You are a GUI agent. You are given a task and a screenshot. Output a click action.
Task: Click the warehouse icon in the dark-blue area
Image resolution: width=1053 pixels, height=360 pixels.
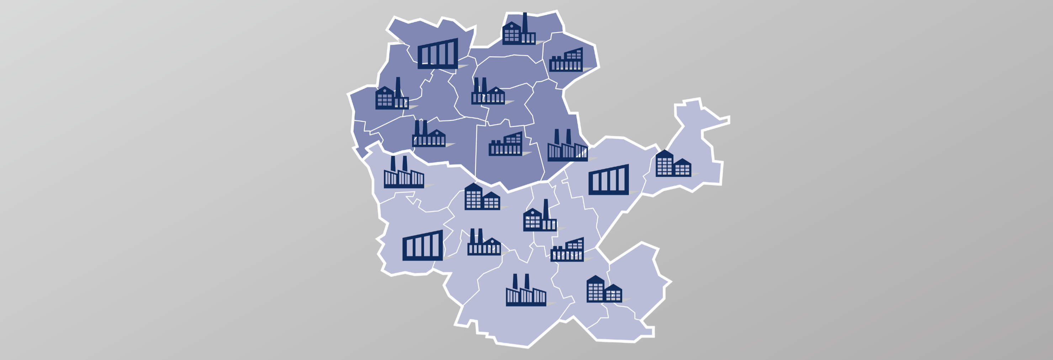(x=438, y=54)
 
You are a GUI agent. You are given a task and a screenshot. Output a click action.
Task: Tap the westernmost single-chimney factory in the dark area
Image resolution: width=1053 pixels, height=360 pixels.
(x=392, y=96)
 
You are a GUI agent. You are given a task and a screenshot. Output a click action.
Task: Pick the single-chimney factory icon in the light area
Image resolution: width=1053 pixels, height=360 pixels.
(x=540, y=219)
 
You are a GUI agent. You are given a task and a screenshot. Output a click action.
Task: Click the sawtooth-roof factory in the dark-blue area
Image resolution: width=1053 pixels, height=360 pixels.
(x=567, y=148)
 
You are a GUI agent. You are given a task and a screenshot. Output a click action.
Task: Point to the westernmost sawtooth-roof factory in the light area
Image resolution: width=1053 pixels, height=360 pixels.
(x=403, y=175)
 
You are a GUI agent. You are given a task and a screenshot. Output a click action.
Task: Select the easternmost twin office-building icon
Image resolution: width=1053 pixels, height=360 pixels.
(x=673, y=165)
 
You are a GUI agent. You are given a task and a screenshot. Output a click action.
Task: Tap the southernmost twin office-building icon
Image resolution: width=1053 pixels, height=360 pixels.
(x=604, y=290)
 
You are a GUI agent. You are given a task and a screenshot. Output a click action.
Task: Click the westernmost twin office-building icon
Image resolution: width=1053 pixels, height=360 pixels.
(x=482, y=198)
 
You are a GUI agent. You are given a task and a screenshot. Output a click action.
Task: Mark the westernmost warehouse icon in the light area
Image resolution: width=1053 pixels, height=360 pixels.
(x=422, y=246)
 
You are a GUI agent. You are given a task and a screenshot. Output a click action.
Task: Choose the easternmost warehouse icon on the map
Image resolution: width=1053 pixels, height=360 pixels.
(x=608, y=181)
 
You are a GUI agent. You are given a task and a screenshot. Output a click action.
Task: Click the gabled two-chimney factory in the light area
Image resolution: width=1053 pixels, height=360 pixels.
(x=484, y=244)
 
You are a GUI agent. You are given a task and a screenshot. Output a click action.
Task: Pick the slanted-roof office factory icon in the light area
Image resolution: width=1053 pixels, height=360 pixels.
(x=567, y=250)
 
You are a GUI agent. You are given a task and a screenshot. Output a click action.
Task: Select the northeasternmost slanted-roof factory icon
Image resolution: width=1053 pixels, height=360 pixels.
(x=566, y=61)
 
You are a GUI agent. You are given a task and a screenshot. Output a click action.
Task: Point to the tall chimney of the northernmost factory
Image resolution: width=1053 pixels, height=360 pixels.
(x=525, y=22)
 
